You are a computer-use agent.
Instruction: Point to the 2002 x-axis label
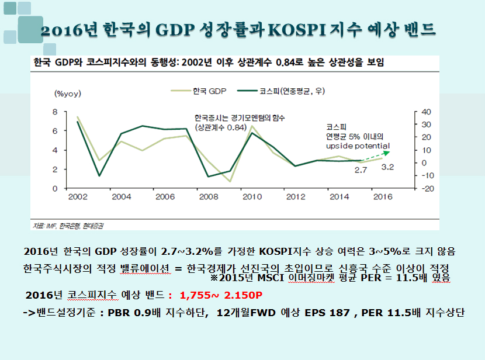pos(78,197)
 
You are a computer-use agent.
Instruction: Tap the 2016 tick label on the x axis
pos(382,197)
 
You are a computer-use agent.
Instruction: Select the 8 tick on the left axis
pos(56,112)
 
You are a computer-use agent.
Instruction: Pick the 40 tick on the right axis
pos(426,112)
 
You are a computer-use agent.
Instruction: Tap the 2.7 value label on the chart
pos(361,169)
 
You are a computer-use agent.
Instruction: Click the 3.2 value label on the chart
pos(387,167)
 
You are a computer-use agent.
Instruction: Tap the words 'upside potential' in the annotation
pos(358,146)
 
